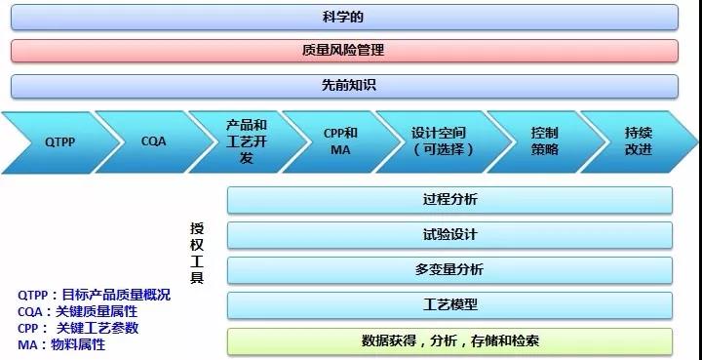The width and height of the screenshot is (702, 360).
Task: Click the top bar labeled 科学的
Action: [345, 18]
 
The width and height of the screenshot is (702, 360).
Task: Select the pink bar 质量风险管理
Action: [345, 51]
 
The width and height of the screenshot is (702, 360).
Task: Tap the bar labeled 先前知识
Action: [345, 85]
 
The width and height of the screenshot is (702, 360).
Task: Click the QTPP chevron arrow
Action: [58, 141]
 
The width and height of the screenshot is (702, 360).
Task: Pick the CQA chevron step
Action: [153, 141]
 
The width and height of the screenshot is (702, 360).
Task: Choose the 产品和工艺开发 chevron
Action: [247, 141]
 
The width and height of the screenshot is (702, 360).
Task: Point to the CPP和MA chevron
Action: [340, 141]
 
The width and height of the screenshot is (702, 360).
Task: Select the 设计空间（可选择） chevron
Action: [441, 141]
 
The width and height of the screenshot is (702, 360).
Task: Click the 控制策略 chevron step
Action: [544, 141]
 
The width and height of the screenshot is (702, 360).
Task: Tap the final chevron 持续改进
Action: [639, 141]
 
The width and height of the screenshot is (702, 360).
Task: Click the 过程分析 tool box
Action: [449, 200]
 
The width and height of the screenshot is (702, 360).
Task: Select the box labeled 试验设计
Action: [449, 235]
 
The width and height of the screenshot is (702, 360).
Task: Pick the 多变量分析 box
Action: [449, 270]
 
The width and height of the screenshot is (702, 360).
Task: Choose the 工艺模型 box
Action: [449, 305]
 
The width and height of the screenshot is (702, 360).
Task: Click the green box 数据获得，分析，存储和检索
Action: [449, 340]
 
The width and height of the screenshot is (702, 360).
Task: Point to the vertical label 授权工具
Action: [197, 253]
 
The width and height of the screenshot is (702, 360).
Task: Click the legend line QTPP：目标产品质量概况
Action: [94, 295]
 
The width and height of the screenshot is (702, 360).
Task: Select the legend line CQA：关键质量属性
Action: [77, 311]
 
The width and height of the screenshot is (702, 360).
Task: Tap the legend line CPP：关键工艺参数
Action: [78, 328]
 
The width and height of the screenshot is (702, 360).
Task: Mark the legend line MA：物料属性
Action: [61, 344]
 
